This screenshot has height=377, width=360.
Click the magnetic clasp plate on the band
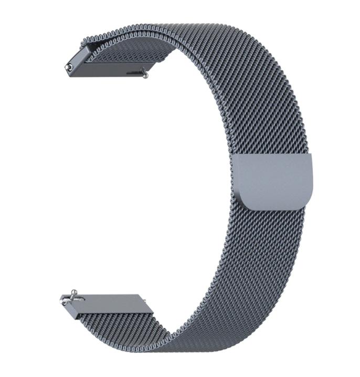coord(276,181)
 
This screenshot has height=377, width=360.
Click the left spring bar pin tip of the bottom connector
coord(63,300)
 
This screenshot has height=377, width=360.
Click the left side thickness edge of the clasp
coord(239,179)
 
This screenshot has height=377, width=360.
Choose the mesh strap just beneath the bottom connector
coord(121,323)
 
